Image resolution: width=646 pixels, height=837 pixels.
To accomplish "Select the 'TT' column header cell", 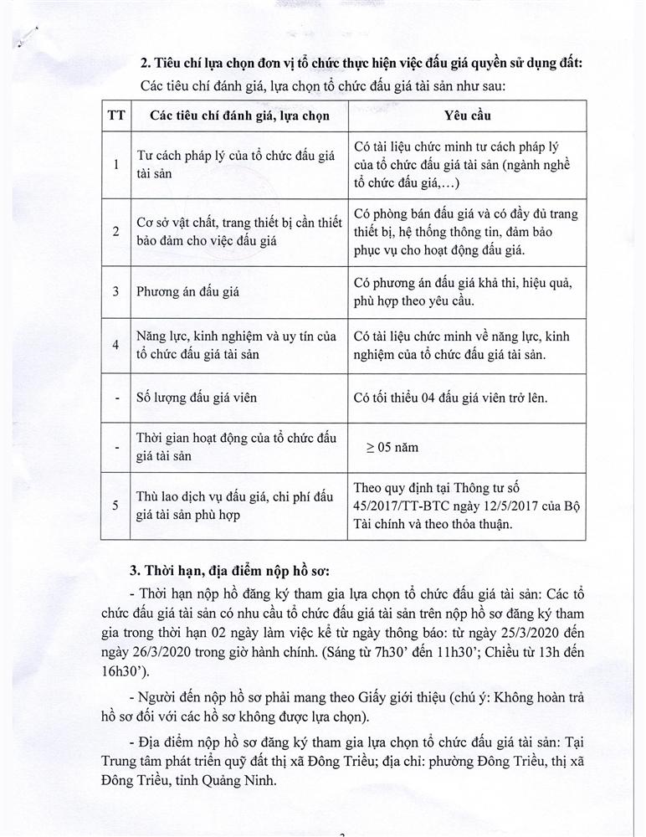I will click(115, 115).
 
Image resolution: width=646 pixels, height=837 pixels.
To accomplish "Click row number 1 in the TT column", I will click(115, 163).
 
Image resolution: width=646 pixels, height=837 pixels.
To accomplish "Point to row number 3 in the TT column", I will click(115, 292).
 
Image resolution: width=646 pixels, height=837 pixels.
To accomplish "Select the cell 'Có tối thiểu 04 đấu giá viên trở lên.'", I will click(450, 398).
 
